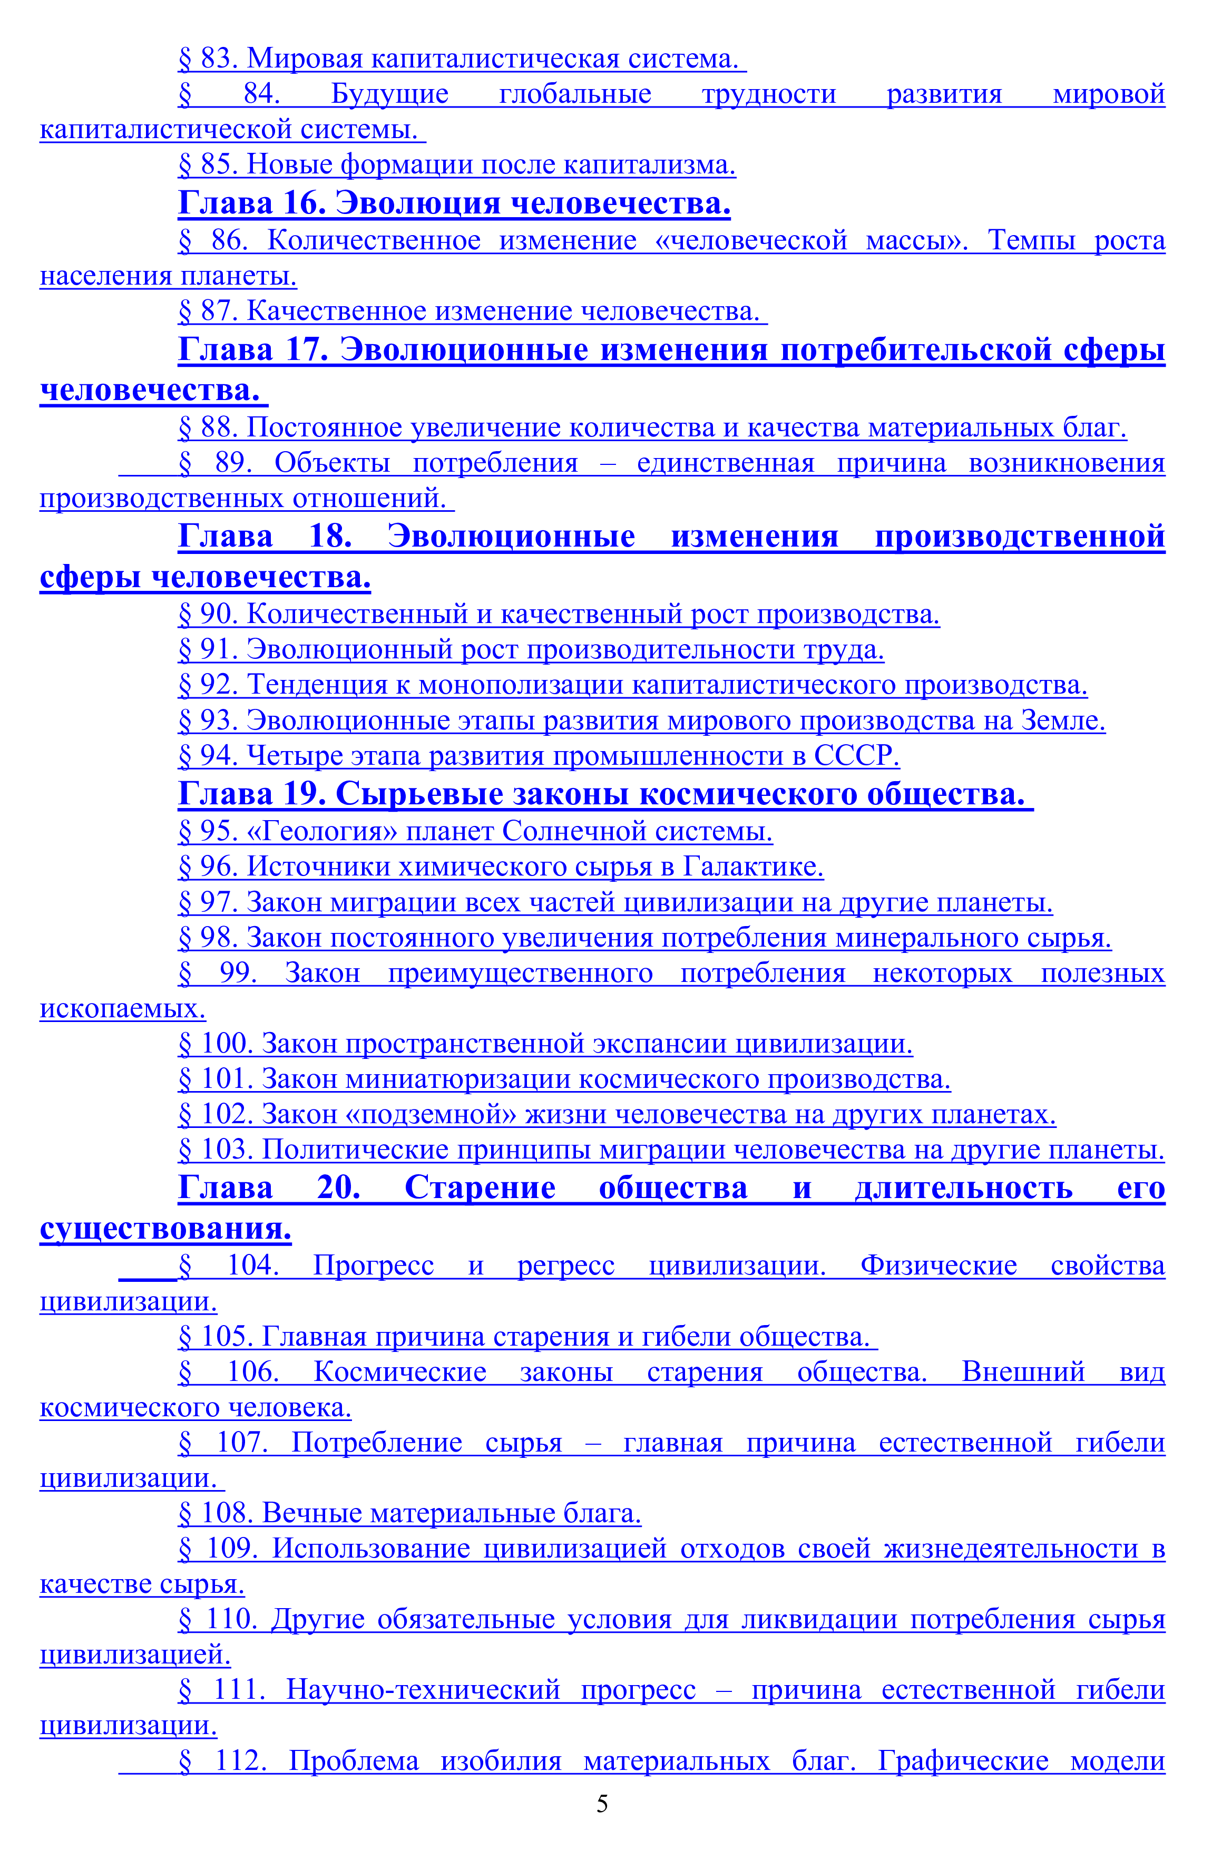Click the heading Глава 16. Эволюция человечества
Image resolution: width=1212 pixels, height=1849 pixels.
click(x=454, y=203)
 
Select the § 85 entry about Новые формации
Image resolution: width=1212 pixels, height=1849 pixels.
click(x=457, y=164)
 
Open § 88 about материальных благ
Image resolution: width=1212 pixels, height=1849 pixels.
click(x=652, y=427)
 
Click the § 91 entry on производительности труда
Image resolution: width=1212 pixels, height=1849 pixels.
click(x=531, y=649)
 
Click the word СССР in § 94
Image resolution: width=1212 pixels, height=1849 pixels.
click(x=856, y=755)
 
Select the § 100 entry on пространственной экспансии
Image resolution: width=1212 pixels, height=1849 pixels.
click(x=545, y=1044)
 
